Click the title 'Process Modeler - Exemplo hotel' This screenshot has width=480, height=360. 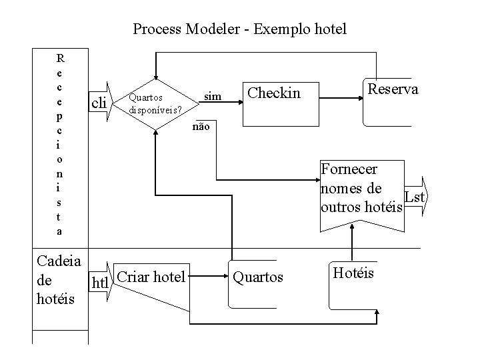click(240, 29)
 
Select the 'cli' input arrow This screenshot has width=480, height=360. click(99, 102)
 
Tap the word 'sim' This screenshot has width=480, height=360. click(213, 97)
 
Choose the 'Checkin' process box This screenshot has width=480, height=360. click(274, 92)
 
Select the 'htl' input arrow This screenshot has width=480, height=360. click(101, 280)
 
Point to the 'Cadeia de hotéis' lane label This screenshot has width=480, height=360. click(58, 279)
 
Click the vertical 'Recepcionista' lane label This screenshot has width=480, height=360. click(61, 143)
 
